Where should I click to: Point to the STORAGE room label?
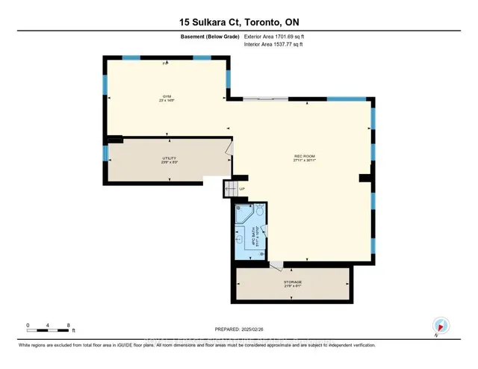[292, 282]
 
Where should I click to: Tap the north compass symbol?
[441, 326]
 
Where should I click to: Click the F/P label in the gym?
[166, 63]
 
